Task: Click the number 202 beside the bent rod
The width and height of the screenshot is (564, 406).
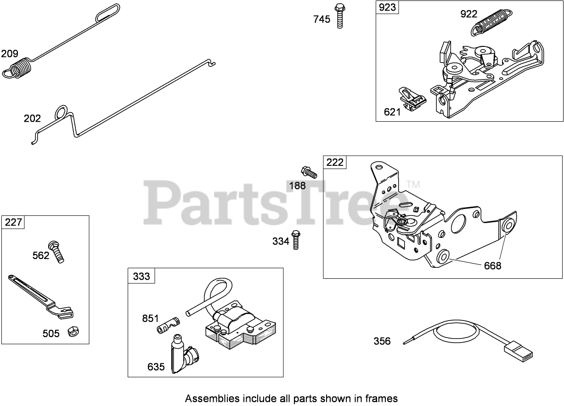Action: coord(32,118)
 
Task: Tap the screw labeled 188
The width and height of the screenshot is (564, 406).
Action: coord(309,172)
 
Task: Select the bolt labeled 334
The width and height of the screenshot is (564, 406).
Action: coord(296,239)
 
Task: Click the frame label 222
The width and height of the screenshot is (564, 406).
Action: coord(334,162)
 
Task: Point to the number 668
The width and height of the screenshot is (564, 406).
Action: coord(492,265)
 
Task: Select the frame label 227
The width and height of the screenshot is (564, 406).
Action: coord(13,222)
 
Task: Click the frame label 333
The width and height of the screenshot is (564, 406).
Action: coord(141,276)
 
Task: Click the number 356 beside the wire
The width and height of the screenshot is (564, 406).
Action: coord(382,341)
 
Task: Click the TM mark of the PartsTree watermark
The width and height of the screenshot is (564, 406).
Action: coord(413,185)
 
